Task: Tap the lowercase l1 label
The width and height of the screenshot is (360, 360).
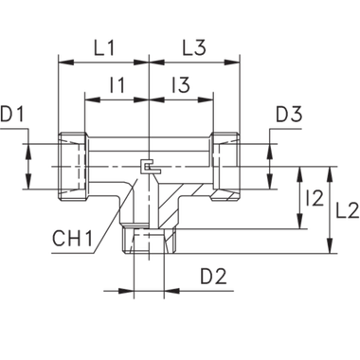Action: pyautogui.click(x=117, y=85)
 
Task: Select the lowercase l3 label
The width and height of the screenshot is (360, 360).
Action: pyautogui.click(x=183, y=85)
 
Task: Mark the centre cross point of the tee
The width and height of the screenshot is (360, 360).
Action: pyautogui.click(x=149, y=167)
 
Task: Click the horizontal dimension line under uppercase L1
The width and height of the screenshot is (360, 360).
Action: pyautogui.click(x=103, y=63)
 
